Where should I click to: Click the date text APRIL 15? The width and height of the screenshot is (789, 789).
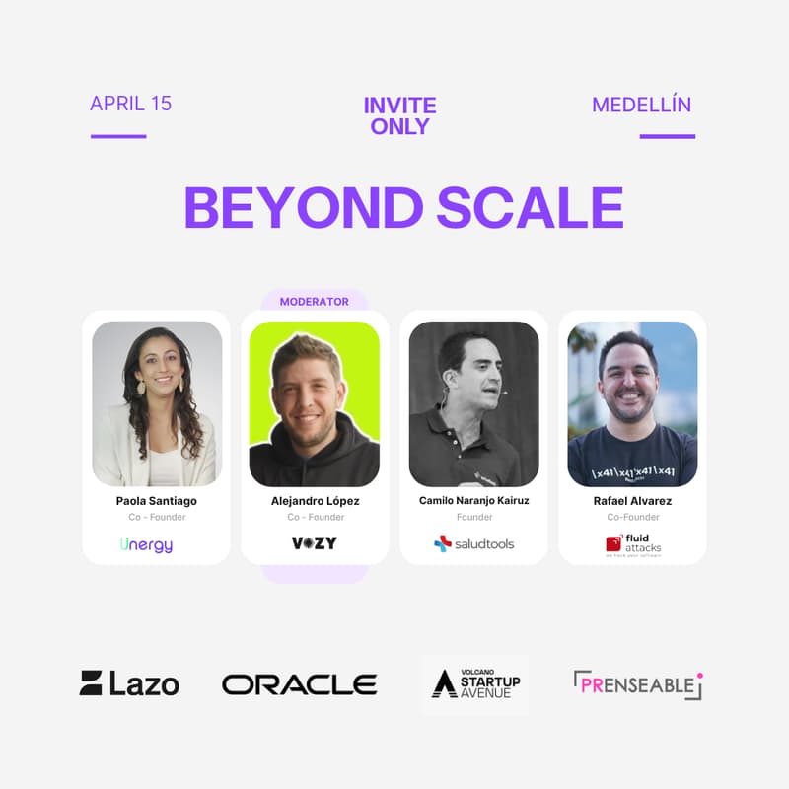click(x=130, y=104)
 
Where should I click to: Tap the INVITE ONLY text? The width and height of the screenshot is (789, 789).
click(x=399, y=115)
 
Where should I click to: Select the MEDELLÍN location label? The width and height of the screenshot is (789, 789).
click(x=641, y=105)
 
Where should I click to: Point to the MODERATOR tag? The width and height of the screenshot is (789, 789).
click(x=314, y=302)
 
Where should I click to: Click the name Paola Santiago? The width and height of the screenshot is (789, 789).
click(x=156, y=501)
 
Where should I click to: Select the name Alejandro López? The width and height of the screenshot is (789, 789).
click(x=315, y=501)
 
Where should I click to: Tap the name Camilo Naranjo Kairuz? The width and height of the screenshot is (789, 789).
click(x=473, y=501)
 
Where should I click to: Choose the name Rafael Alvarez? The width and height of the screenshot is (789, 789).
click(x=632, y=501)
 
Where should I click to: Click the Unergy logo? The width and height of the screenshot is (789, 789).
click(x=146, y=543)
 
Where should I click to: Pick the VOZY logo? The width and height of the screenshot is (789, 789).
click(x=315, y=543)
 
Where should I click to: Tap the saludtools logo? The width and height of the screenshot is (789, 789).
click(x=473, y=543)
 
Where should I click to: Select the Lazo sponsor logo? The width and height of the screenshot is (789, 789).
click(x=129, y=682)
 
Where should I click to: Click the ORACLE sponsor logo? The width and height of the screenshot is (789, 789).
click(x=299, y=684)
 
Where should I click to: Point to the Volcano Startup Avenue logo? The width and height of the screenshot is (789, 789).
click(x=475, y=683)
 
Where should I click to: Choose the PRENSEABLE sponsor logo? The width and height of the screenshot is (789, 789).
click(x=638, y=684)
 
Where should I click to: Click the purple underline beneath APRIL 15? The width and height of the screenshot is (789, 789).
click(x=118, y=136)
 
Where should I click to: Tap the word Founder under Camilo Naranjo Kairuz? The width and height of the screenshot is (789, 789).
click(x=473, y=517)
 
